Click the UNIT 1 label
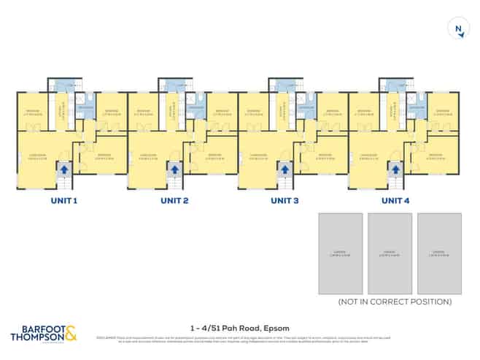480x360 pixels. point(63,200)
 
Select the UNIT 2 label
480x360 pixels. point(174,200)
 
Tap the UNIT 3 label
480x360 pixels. point(285,200)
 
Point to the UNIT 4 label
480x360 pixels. point(396,200)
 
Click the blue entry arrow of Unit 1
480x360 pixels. point(63,169)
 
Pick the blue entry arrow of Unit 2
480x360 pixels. point(174,169)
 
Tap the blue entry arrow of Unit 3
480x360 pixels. point(285,169)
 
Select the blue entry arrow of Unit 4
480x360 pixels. point(396,169)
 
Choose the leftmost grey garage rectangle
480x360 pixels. point(340,253)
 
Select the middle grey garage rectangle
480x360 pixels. point(390,253)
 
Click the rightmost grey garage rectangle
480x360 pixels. point(438,253)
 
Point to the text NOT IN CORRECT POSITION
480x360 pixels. point(395,302)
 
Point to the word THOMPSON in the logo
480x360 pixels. point(35,337)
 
